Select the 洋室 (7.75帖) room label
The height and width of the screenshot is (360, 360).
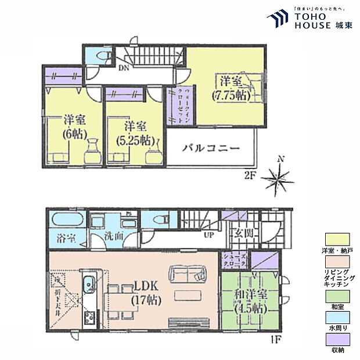[x=231, y=87]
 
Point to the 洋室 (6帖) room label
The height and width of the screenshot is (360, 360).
[x=74, y=128]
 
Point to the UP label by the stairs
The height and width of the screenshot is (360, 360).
[x=207, y=235]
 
